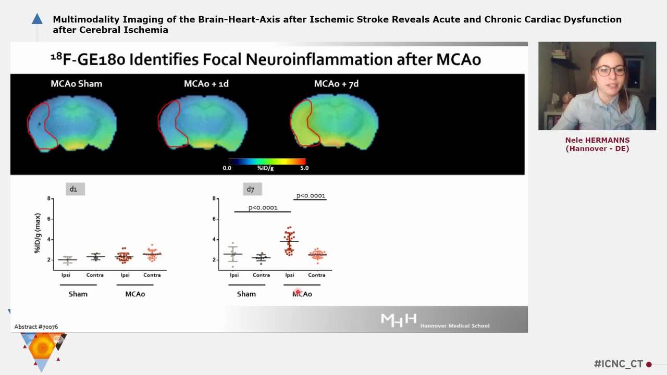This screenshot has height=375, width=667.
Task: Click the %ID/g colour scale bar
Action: click(267, 161)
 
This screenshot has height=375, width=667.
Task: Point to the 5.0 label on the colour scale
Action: click(304, 168)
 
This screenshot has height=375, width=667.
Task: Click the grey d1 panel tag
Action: click(73, 189)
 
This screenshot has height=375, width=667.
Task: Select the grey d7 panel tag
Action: click(251, 189)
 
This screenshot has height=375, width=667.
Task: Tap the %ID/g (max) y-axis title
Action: click(38, 233)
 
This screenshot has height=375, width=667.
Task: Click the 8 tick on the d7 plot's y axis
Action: click(214, 198)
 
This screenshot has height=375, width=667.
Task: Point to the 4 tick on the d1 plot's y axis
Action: click(49, 240)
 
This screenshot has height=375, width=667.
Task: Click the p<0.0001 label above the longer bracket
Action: click(263, 208)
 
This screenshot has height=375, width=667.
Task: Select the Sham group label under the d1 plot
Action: click(78, 294)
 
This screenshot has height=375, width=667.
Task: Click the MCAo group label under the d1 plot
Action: click(135, 294)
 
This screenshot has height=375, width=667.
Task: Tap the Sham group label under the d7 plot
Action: click(246, 294)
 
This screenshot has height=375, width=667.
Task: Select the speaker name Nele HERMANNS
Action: click(597, 140)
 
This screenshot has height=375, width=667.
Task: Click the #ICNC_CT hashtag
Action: click(618, 364)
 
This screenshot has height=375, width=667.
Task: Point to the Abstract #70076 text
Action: click(36, 327)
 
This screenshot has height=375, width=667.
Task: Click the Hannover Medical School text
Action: click(455, 326)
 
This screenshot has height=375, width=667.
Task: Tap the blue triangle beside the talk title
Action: click(37, 19)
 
